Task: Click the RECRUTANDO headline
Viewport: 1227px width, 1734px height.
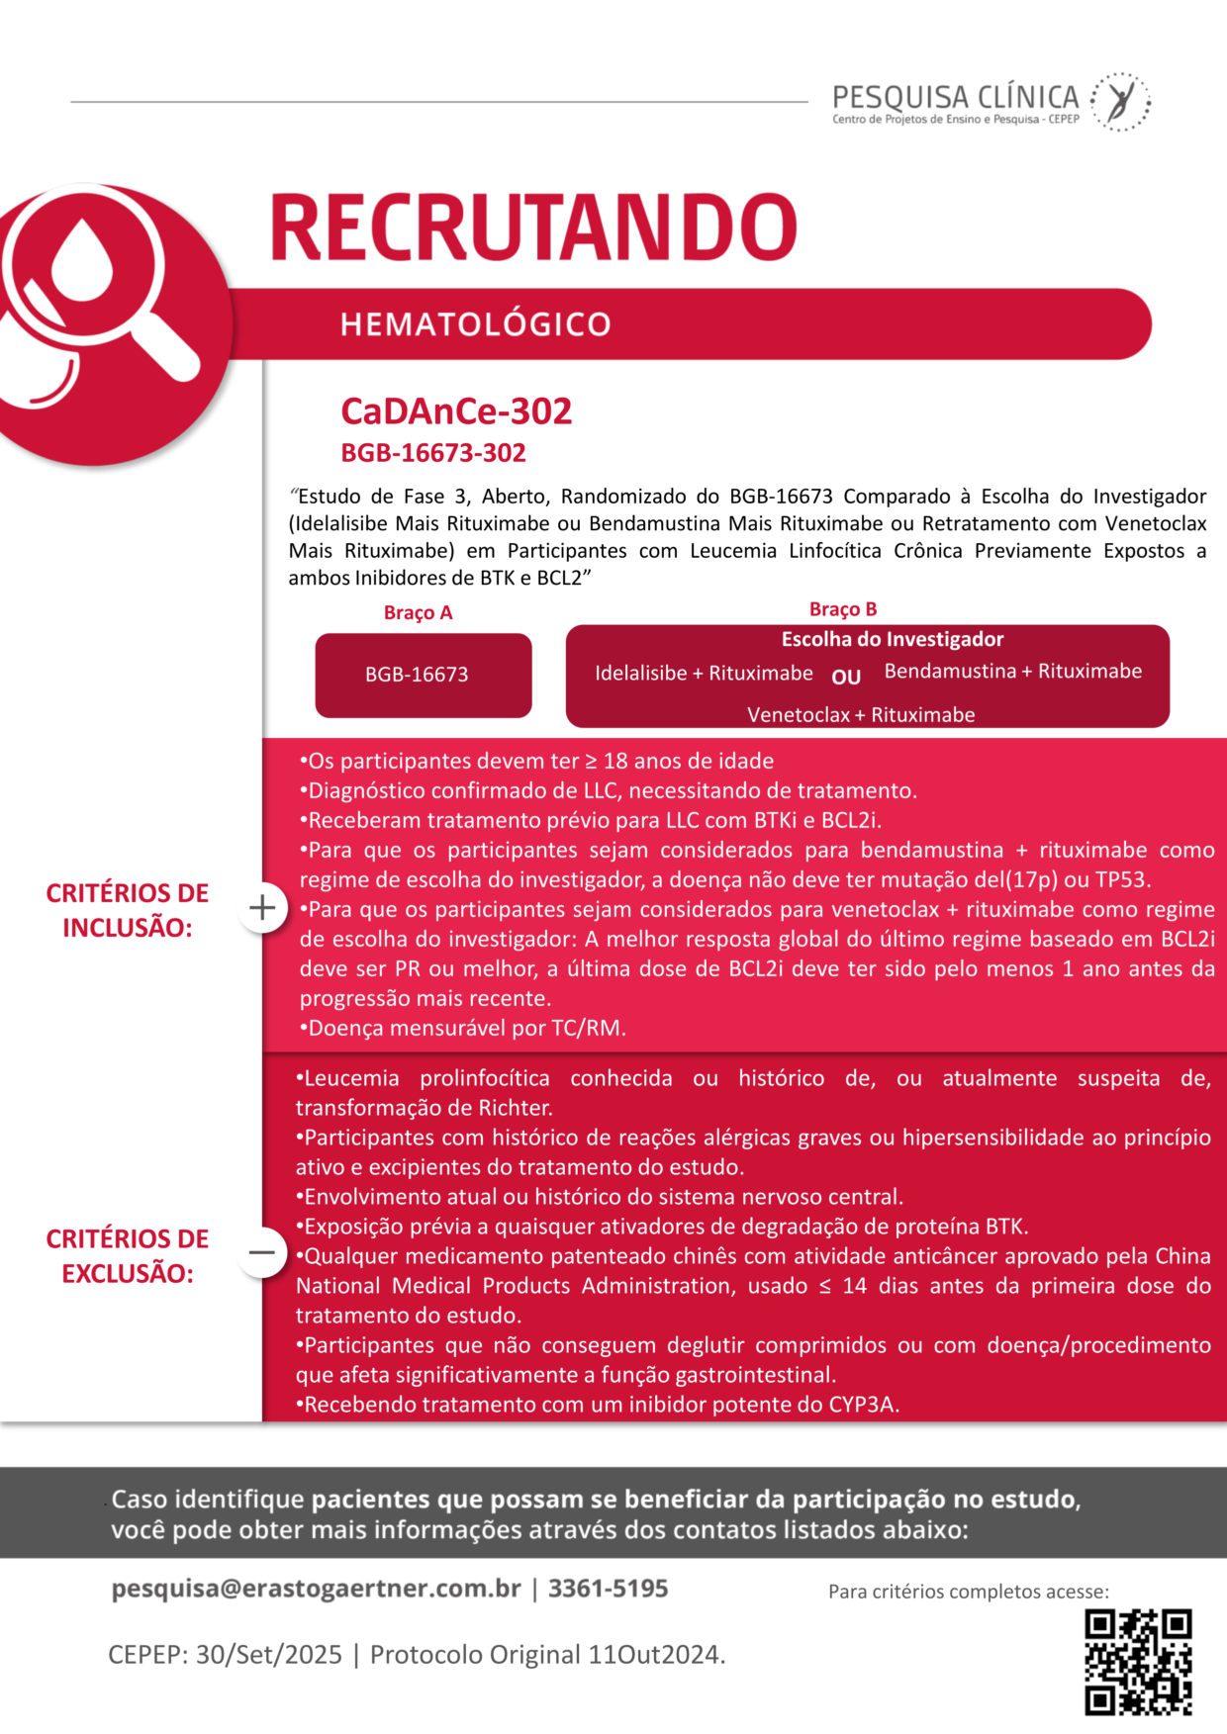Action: point(533,228)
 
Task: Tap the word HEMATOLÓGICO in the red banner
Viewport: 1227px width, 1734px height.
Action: point(475,324)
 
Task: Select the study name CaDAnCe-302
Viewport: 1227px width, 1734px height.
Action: point(456,411)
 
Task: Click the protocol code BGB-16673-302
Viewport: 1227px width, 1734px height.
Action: point(433,453)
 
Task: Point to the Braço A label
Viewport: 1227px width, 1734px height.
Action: point(418,613)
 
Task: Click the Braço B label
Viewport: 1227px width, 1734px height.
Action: point(843,609)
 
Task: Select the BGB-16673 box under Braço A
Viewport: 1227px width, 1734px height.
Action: point(424,675)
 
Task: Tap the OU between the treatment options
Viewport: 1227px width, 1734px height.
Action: point(846,678)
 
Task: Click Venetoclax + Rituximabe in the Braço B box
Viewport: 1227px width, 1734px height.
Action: point(861,714)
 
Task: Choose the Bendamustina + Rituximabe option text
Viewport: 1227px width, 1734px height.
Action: point(1012,672)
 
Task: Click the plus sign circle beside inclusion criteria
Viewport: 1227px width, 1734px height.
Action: point(262,908)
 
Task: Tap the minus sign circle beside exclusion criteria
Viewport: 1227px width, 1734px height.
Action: point(262,1252)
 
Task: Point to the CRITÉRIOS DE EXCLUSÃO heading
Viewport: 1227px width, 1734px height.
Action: point(128,1256)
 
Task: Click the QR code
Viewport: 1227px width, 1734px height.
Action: point(1138,1662)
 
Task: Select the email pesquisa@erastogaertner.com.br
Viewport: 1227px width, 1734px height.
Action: point(316,1589)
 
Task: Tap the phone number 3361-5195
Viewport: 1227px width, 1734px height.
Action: point(609,1589)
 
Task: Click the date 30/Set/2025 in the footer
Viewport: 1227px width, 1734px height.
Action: point(269,1655)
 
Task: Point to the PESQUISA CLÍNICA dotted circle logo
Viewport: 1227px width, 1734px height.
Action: point(1120,101)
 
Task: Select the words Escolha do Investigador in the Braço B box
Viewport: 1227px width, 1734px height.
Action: point(893,640)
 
